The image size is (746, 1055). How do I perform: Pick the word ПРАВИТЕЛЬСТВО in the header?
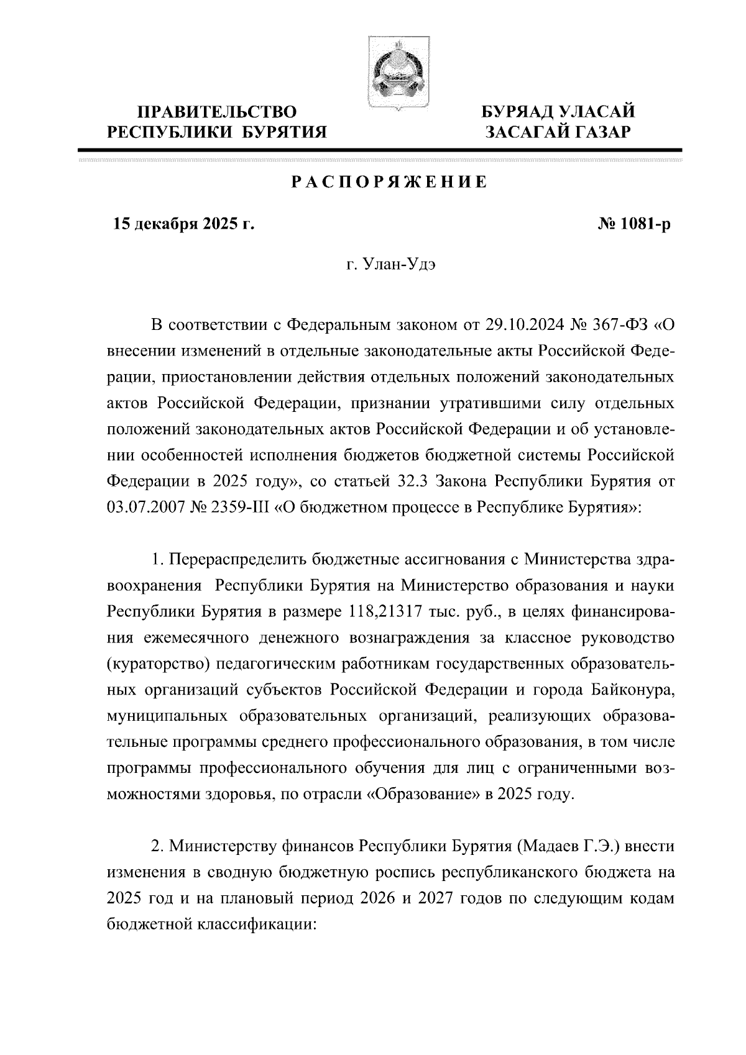217,112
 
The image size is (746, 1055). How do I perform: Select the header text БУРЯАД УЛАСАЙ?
559,112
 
